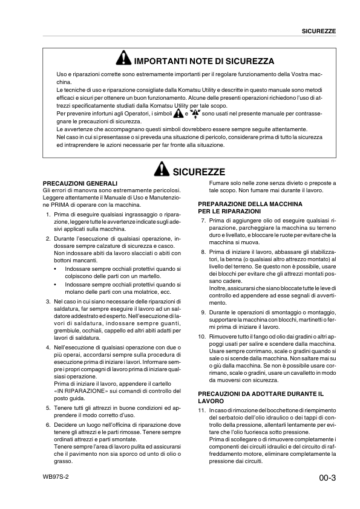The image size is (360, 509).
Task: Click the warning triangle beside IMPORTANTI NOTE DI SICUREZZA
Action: [123, 60]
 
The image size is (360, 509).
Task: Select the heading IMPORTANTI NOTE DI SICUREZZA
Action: [203, 61]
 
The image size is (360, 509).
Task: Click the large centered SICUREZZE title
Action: [199, 172]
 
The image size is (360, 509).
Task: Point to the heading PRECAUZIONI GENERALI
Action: [80, 183]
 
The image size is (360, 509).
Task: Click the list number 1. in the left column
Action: [48, 215]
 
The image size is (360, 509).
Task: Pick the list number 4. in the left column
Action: [48, 348]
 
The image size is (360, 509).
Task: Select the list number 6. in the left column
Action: [48, 425]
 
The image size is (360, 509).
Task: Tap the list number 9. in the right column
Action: [203, 313]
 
